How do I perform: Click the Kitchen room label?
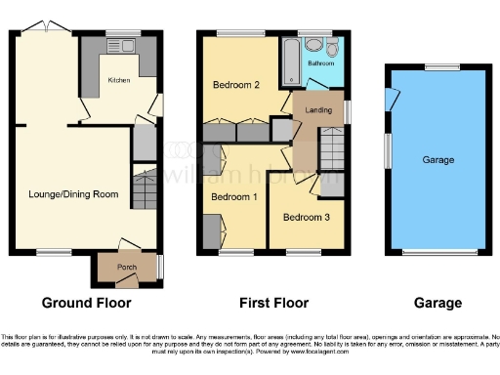(119, 80)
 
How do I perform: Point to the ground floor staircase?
(145, 189)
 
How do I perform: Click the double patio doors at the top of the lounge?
(42, 28)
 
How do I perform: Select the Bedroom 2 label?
(235, 85)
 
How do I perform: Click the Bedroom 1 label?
(235, 198)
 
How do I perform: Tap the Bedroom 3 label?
(306, 217)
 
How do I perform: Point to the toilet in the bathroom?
(333, 49)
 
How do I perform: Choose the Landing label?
(317, 111)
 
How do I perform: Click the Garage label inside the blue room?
(437, 159)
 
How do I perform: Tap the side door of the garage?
(392, 98)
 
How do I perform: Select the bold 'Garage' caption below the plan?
(437, 303)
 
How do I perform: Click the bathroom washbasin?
(312, 44)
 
